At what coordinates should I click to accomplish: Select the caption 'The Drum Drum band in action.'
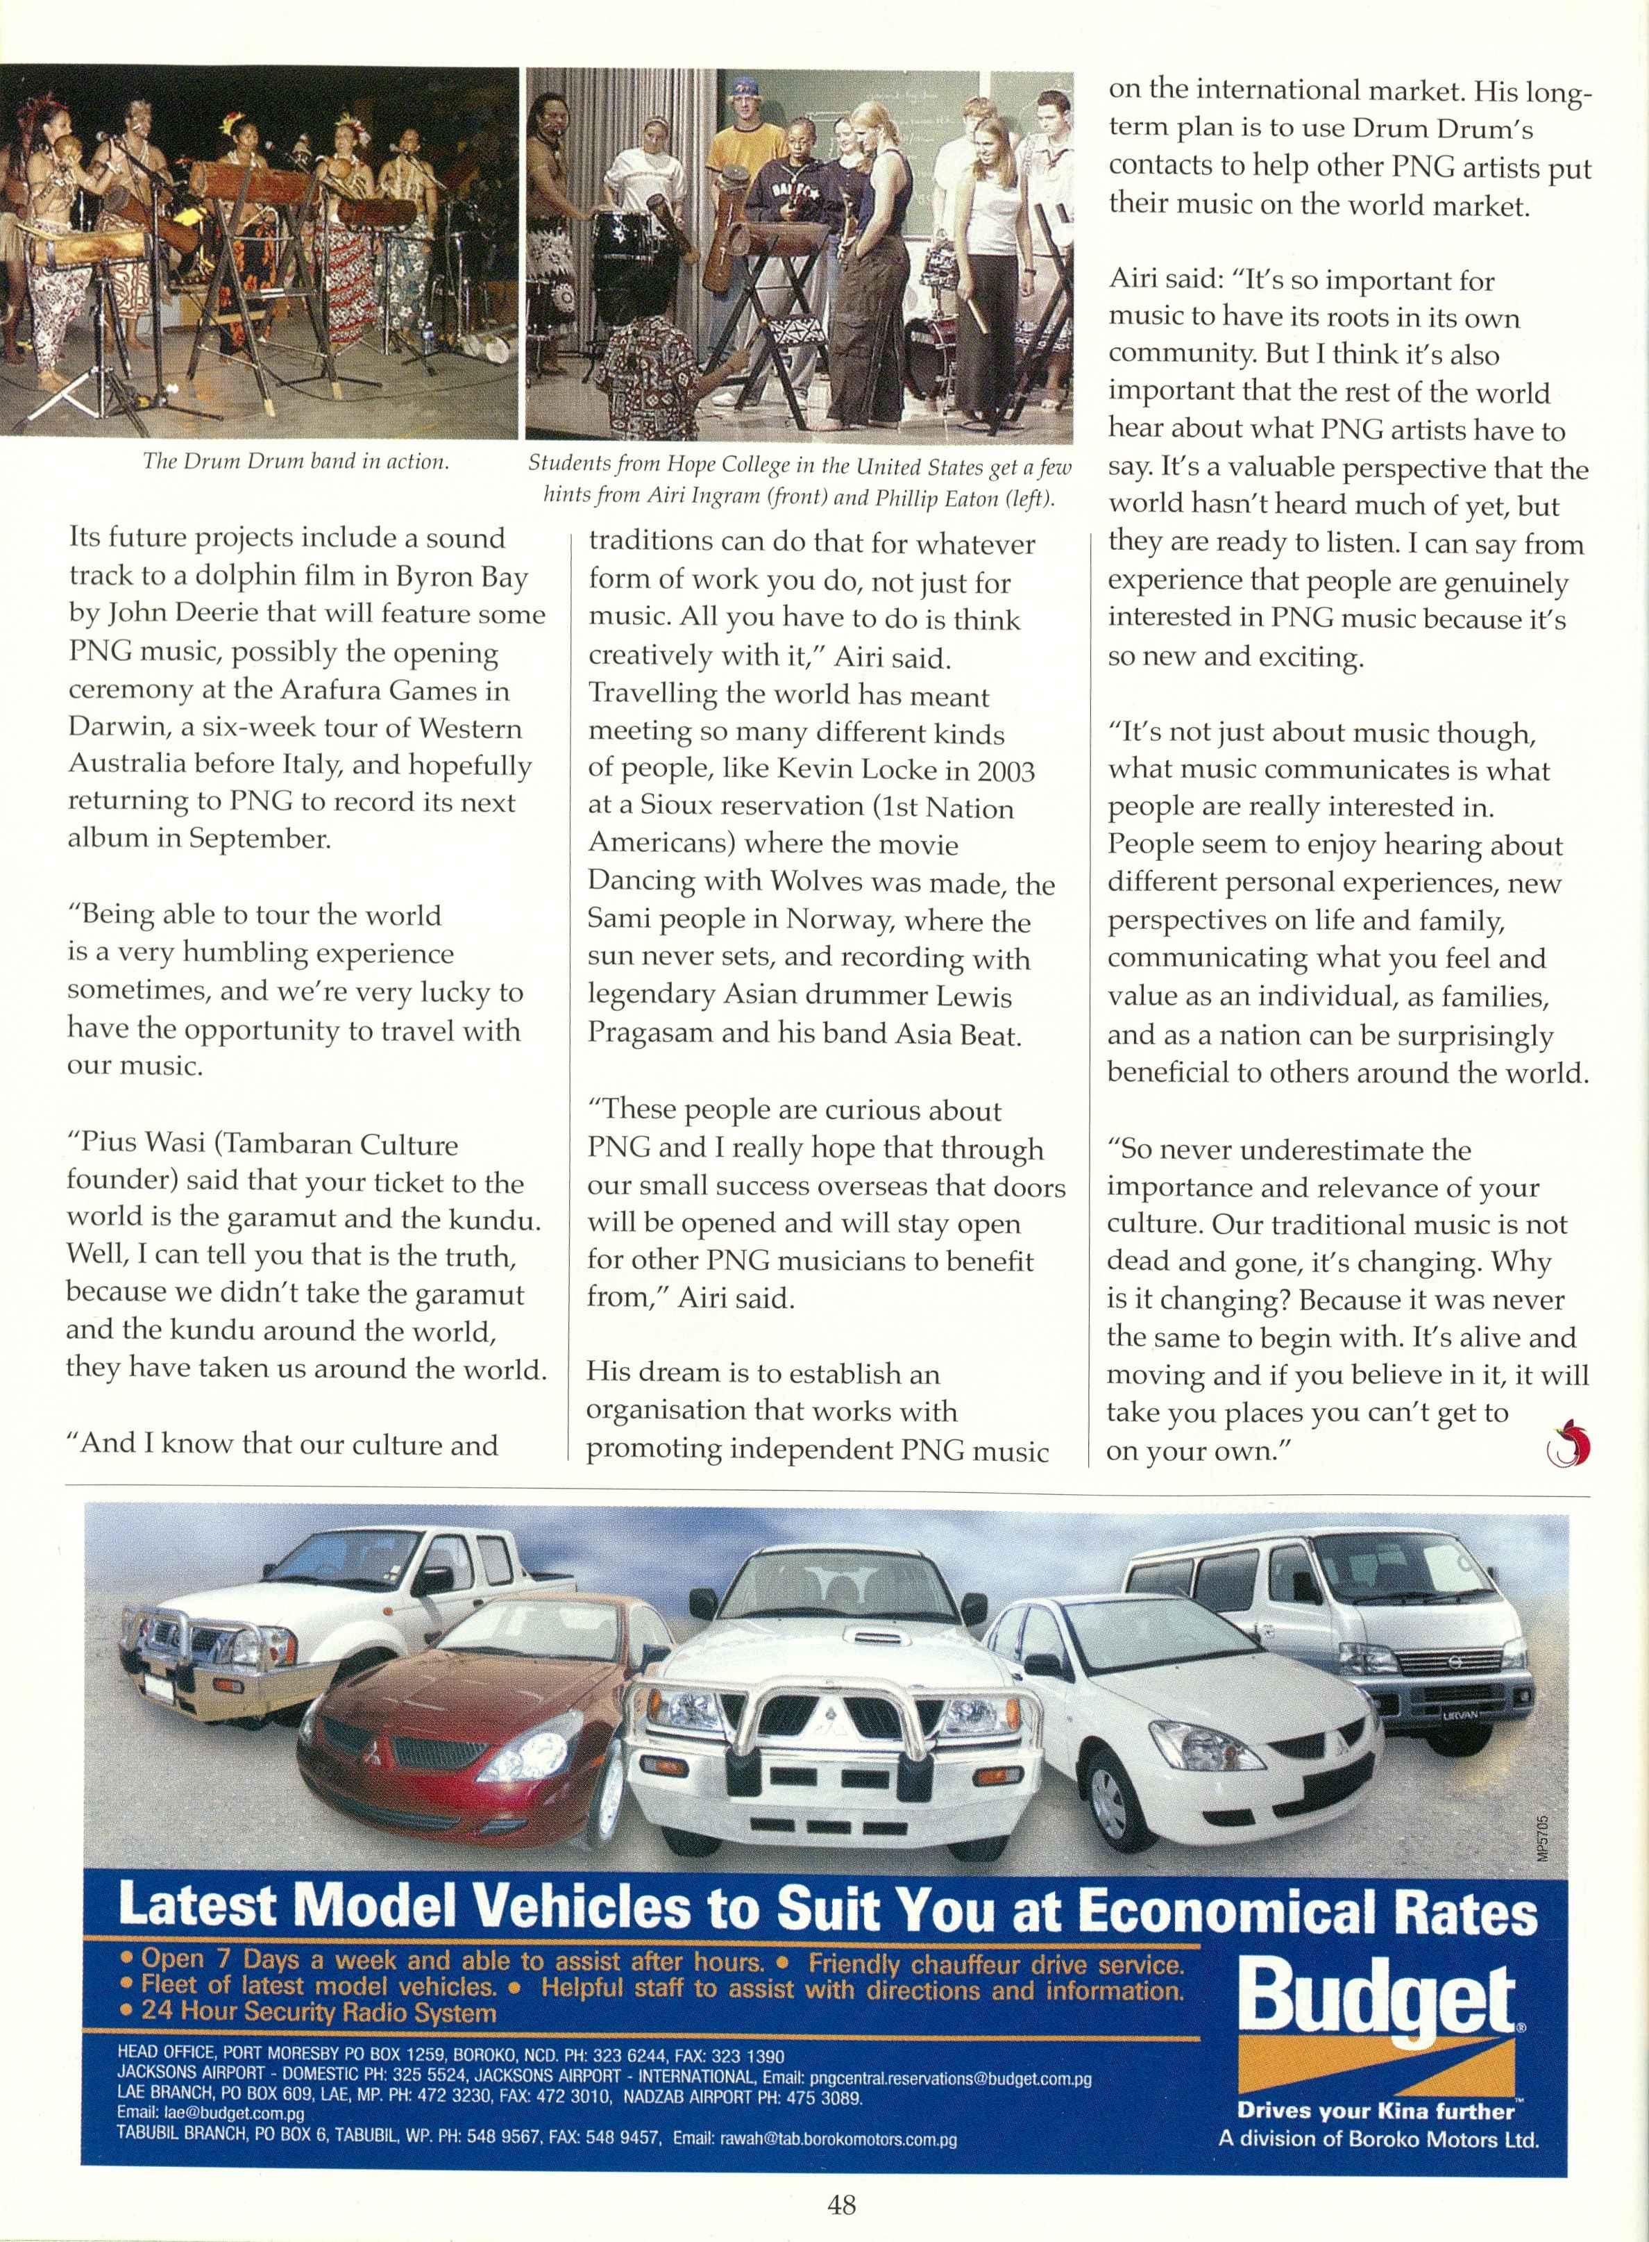(296, 461)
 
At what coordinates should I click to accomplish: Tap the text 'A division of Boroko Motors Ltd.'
(1378, 2139)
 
